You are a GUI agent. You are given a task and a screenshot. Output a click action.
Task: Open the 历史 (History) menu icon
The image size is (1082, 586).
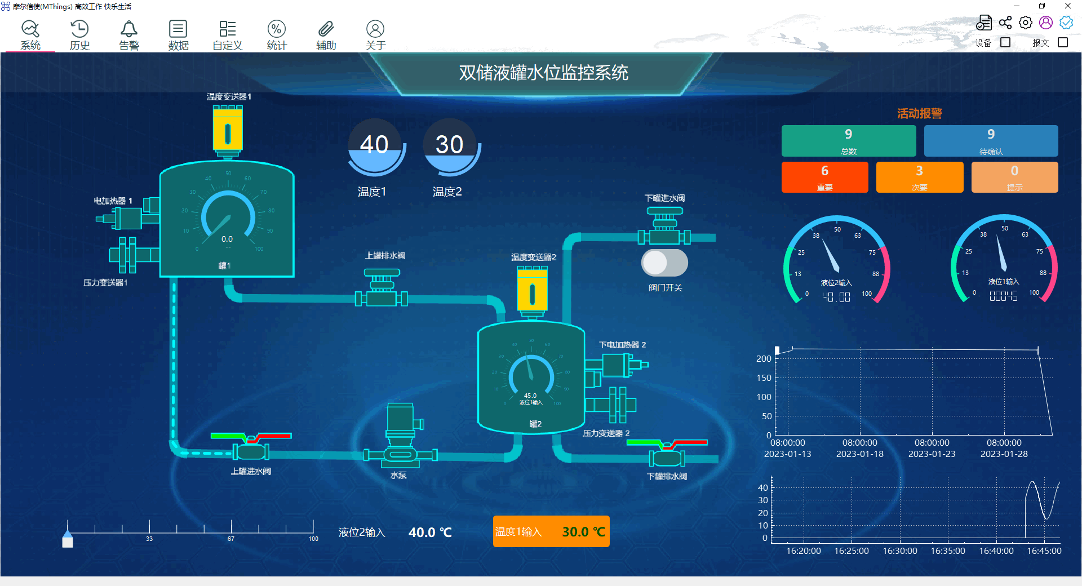click(x=79, y=29)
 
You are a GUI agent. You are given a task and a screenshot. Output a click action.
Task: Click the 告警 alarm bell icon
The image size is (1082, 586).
click(x=129, y=29)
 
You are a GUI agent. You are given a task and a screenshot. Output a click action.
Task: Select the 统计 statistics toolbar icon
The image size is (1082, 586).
click(x=277, y=29)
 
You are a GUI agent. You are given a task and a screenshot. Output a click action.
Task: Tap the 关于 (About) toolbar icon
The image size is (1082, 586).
click(x=375, y=29)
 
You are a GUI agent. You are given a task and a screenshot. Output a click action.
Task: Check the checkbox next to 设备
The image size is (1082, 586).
click(x=1005, y=42)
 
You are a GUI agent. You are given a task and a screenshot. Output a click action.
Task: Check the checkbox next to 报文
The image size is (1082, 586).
click(x=1063, y=42)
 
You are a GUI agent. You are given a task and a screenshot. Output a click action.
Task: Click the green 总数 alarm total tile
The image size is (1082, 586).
click(x=848, y=140)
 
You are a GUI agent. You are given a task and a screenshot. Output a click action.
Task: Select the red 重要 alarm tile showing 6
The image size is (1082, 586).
click(x=824, y=177)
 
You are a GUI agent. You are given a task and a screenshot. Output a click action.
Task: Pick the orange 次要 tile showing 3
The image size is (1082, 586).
click(x=919, y=177)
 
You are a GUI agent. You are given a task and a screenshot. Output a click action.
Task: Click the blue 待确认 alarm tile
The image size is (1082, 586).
click(x=991, y=140)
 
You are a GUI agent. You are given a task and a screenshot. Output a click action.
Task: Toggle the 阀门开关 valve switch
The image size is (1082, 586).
click(x=664, y=263)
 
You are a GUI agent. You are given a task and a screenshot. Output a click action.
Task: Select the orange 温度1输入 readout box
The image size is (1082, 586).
click(x=551, y=531)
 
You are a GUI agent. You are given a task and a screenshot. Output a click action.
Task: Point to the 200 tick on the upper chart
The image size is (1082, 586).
click(x=764, y=359)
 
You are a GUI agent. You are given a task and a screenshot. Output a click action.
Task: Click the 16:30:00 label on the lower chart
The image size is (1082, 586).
click(x=899, y=551)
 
